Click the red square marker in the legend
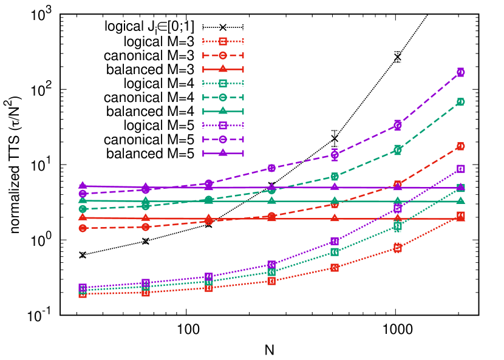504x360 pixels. (223, 41)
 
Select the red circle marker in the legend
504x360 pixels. (223, 55)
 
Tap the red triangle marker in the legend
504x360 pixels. (223, 69)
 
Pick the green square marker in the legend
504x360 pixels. (223, 83)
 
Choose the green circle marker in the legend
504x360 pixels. (223, 97)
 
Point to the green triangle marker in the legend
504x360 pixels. (223, 110)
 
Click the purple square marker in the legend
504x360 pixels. (223, 125)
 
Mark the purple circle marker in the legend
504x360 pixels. (223, 139)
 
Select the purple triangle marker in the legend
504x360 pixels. (223, 152)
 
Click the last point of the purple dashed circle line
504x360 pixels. (460, 72)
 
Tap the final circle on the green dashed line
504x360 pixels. (460, 101)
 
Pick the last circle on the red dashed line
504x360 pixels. (460, 146)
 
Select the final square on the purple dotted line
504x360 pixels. (460, 169)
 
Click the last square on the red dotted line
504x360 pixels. (460, 216)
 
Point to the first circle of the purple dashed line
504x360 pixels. (83, 193)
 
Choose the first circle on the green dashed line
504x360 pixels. (83, 208)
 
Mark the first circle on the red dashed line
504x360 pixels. (83, 228)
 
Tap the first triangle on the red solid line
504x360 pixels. (83, 217)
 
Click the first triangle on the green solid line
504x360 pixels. (83, 200)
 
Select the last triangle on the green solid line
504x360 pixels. (460, 200)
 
